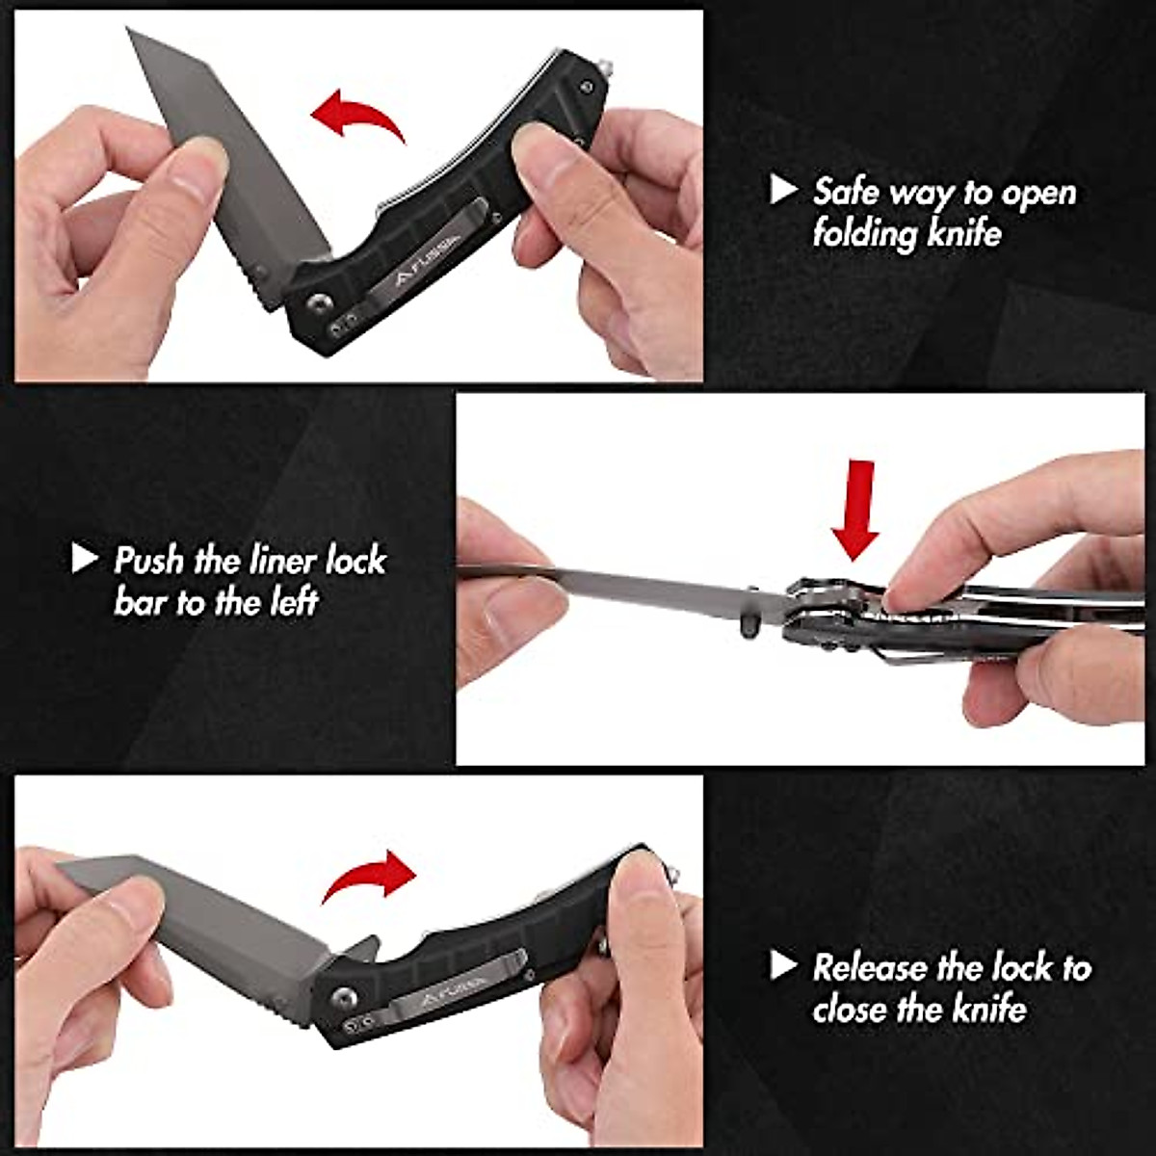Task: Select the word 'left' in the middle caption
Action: pos(293,602)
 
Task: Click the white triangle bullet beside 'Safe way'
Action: pos(783,190)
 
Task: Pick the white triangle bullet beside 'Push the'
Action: pos(85,558)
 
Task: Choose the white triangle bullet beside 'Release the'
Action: pos(783,965)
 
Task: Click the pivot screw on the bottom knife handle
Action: pos(346,995)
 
